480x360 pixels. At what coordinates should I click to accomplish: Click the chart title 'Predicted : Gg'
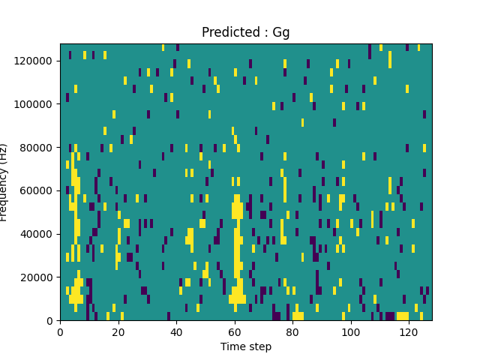click(x=245, y=32)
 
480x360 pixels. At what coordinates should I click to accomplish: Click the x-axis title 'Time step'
click(x=245, y=346)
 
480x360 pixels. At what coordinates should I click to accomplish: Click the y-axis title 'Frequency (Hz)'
click(x=5, y=182)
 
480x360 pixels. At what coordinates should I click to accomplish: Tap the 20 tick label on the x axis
click(x=118, y=331)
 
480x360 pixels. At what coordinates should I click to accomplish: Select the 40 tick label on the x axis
click(x=176, y=331)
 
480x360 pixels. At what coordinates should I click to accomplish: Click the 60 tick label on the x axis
click(x=234, y=331)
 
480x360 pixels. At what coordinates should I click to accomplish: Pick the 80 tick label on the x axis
click(x=292, y=331)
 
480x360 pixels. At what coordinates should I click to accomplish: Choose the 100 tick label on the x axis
click(x=350, y=331)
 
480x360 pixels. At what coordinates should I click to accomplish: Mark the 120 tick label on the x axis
click(x=409, y=331)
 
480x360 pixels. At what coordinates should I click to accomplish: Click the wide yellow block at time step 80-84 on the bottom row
click(x=298, y=316)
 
